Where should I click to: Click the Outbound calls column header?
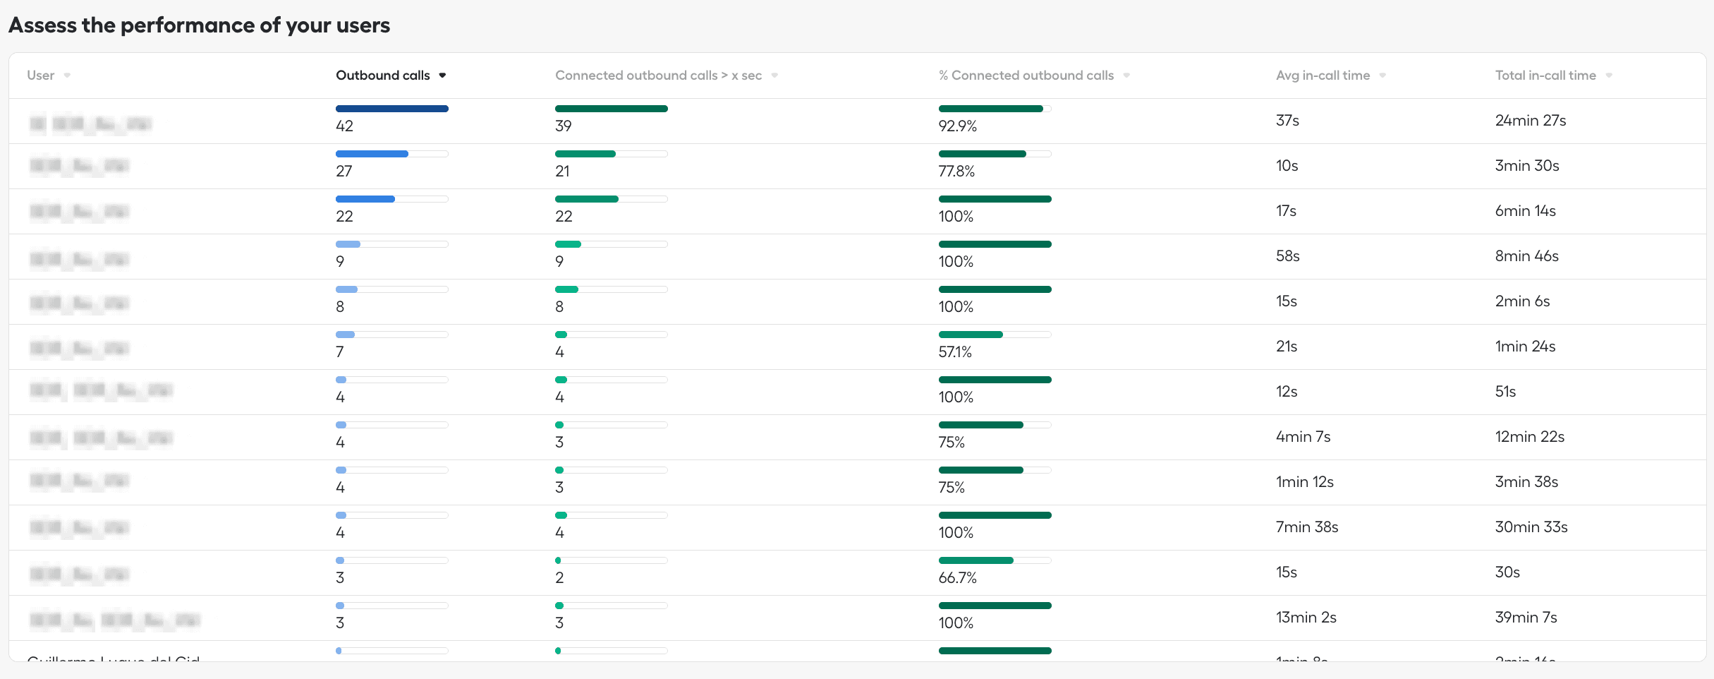(x=383, y=76)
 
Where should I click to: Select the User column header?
(x=40, y=76)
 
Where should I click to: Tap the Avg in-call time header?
(x=1323, y=76)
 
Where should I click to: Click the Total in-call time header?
(x=1545, y=76)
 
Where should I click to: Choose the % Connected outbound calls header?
(x=1026, y=76)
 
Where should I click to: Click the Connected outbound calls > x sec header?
(x=658, y=76)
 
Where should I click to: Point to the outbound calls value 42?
(x=344, y=126)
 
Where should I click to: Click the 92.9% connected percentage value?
(x=957, y=126)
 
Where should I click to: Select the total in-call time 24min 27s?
(x=1530, y=121)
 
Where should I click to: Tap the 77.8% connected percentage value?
(x=956, y=172)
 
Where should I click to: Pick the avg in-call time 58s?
(x=1287, y=256)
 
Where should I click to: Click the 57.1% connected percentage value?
(x=955, y=352)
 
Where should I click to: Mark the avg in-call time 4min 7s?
(x=1303, y=437)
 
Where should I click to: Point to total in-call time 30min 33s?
(x=1531, y=527)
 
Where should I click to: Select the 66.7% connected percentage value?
(x=957, y=578)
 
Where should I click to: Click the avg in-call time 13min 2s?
(x=1306, y=618)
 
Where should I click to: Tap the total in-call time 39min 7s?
(x=1526, y=618)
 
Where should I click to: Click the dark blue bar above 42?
(x=391, y=109)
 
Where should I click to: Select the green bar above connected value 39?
(x=611, y=109)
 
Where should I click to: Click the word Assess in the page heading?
(x=42, y=25)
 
